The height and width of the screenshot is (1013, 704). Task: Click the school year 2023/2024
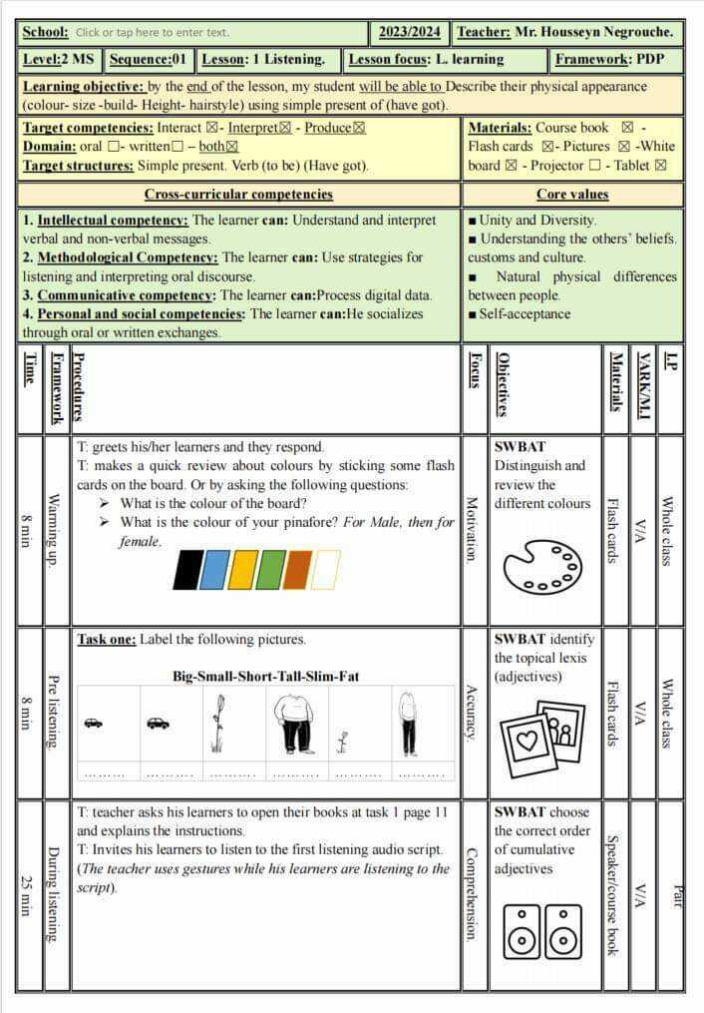coord(409,32)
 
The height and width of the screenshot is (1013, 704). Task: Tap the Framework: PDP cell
coord(617,60)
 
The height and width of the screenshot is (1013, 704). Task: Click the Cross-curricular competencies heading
coord(238,195)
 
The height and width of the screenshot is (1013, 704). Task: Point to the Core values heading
coord(572,195)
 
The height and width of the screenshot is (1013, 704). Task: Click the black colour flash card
coord(186,569)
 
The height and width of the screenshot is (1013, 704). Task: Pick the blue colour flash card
coord(214,569)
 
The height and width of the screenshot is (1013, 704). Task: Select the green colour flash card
coord(270,569)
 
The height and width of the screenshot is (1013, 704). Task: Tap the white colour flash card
coord(326,569)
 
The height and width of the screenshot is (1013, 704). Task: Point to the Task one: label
coord(106,640)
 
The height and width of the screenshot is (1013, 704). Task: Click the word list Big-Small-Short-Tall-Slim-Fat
coord(266,676)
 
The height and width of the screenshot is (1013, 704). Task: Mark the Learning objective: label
coord(83,87)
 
